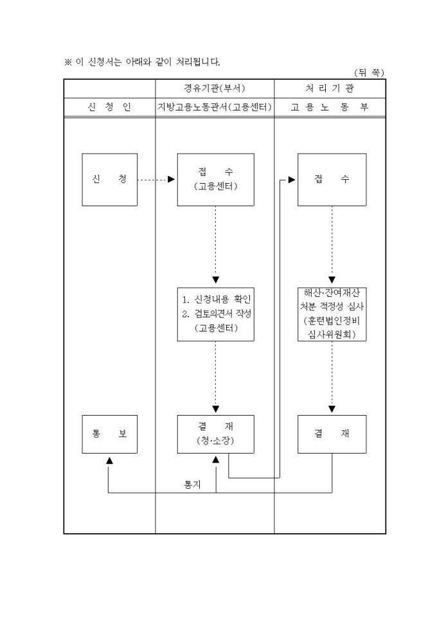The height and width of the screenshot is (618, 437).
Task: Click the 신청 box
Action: [x=109, y=179]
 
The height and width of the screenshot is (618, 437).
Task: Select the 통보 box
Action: [x=109, y=434]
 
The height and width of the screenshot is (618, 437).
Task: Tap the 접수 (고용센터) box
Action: [x=215, y=179]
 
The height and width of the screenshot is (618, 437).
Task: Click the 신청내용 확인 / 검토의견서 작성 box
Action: [x=215, y=313]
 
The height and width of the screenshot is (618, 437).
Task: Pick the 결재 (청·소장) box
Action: [x=215, y=434]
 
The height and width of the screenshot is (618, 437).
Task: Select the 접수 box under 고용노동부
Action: [x=332, y=179]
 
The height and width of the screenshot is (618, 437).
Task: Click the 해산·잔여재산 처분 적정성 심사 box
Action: [x=332, y=313]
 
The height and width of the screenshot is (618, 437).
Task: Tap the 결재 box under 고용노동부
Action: [x=332, y=434]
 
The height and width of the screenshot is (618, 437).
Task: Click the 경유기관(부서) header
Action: [x=215, y=89]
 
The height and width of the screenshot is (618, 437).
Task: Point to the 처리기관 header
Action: [x=330, y=89]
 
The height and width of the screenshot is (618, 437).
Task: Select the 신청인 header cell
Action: [x=109, y=107]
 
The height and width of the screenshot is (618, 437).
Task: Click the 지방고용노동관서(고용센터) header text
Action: [x=215, y=107]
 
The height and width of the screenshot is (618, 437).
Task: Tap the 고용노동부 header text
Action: [x=330, y=107]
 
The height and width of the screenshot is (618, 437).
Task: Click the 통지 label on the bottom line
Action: [x=192, y=485]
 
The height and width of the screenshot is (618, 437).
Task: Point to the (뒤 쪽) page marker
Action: [x=369, y=73]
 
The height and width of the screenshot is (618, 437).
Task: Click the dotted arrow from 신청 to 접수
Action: [x=154, y=179]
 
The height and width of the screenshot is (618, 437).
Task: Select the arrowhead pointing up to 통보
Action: [x=109, y=460]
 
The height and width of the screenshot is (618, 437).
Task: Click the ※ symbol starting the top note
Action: [x=67, y=62]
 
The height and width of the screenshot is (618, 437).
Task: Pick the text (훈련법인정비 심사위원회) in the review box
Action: [x=332, y=328]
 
